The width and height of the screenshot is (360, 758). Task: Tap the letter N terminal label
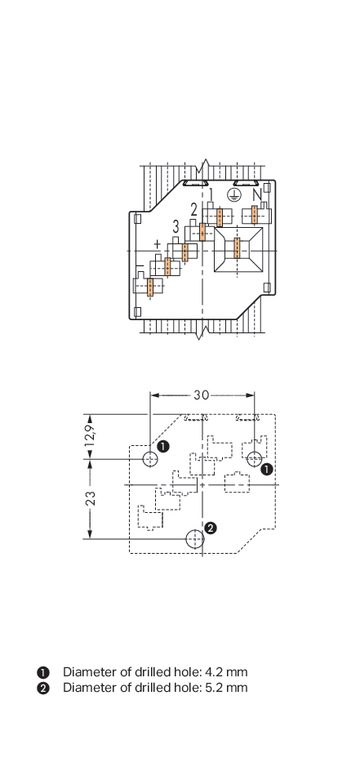(x=257, y=195)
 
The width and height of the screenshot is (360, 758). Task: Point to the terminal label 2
(x=193, y=210)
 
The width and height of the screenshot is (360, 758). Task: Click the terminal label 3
(x=176, y=226)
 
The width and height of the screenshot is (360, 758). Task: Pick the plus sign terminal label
(x=157, y=243)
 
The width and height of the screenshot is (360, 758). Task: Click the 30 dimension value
(x=202, y=395)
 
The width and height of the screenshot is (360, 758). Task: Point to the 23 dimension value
(x=91, y=498)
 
